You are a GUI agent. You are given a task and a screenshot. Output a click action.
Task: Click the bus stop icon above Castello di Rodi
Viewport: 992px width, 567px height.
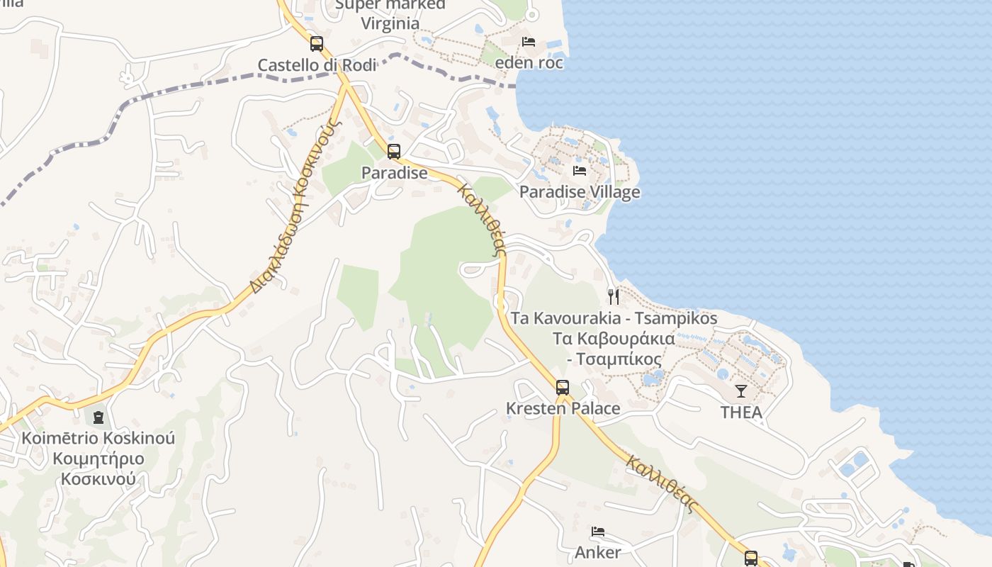[316, 43]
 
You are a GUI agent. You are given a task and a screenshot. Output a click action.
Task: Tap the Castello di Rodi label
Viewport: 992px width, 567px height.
[316, 65]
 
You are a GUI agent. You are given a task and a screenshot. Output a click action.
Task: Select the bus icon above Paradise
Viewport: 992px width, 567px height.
[394, 151]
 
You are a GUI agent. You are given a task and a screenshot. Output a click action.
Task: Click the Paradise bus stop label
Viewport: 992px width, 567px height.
[394, 173]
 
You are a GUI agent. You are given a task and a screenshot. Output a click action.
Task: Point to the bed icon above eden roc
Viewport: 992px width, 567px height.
[529, 42]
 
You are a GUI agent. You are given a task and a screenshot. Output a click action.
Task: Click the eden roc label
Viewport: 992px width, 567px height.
[529, 63]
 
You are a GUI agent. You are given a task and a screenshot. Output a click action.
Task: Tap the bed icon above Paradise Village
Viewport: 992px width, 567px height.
[580, 171]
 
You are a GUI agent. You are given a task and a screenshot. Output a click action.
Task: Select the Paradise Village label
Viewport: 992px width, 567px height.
[580, 192]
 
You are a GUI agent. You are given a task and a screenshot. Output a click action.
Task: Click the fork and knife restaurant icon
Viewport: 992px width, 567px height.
[614, 296]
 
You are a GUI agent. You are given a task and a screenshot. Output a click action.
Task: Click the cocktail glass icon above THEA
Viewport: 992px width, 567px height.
[741, 391]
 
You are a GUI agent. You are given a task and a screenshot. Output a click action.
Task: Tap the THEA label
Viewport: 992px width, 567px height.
[741, 412]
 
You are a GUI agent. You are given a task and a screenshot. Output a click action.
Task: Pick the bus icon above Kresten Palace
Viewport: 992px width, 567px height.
[563, 387]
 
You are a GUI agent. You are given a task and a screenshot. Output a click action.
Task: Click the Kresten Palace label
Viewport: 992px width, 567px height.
[563, 409]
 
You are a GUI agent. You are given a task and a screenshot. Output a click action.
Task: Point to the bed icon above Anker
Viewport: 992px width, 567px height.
[598, 532]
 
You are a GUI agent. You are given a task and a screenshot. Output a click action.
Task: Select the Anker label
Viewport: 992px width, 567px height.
[598, 552]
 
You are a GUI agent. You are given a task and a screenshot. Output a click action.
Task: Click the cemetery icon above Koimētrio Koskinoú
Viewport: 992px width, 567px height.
[98, 417]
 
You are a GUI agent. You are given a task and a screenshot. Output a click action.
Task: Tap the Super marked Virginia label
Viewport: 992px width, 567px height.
[390, 13]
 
